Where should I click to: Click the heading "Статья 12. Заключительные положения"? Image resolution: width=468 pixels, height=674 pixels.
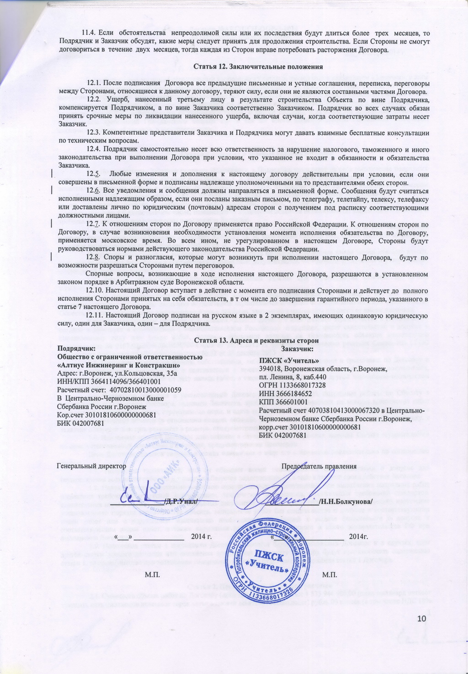(258, 67)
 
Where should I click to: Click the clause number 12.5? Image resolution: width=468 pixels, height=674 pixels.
(93, 174)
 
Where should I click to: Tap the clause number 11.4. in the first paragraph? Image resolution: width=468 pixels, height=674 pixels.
(90, 33)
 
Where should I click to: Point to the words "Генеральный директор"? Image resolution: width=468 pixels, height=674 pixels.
(91, 466)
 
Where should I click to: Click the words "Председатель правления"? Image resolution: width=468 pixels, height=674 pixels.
(319, 466)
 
